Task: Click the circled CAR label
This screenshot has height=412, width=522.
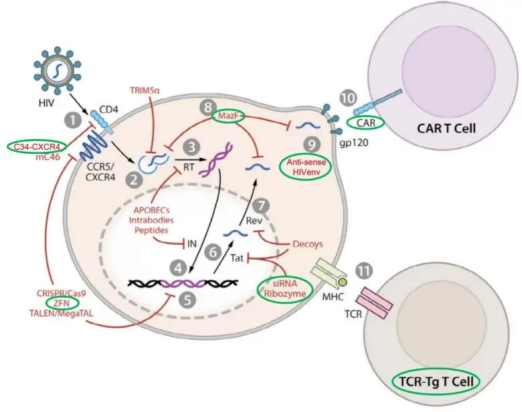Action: (x=365, y=122)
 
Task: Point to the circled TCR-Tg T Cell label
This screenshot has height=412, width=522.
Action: (x=435, y=382)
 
